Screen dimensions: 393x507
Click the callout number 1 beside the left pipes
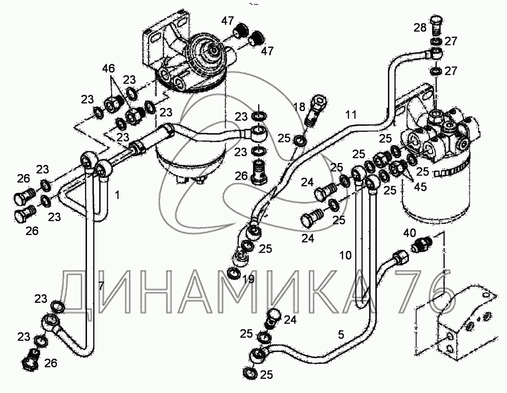tap(117, 196)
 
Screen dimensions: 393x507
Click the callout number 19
tap(248, 279)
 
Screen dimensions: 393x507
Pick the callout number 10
tap(345, 255)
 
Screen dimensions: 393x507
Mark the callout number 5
tap(341, 334)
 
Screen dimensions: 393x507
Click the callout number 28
tap(420, 28)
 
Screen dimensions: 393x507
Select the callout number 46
tap(108, 69)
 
